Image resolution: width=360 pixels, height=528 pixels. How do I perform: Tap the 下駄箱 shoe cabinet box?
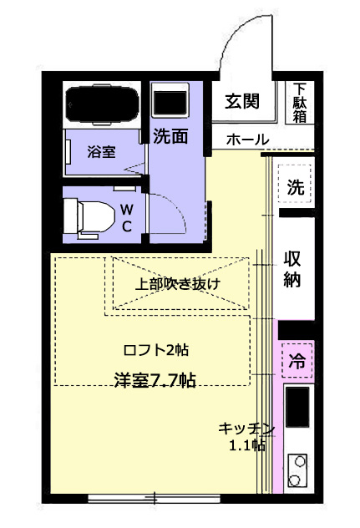299,103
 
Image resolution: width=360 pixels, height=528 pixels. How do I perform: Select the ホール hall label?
246,140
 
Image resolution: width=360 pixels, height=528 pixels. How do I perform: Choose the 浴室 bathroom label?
101,152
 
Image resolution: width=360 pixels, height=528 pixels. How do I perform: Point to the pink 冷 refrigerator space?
297,361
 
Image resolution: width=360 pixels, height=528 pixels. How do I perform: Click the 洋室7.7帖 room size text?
155,380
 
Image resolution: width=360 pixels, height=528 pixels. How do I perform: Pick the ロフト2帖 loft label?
155,349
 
